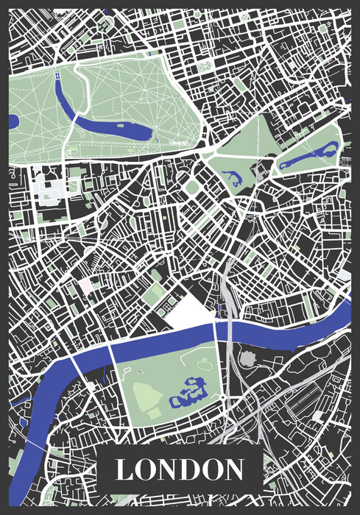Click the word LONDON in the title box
(180, 469)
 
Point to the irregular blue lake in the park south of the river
(189, 391)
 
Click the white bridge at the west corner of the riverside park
(111, 355)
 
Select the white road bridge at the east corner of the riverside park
(216, 333)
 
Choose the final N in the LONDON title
(233, 469)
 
